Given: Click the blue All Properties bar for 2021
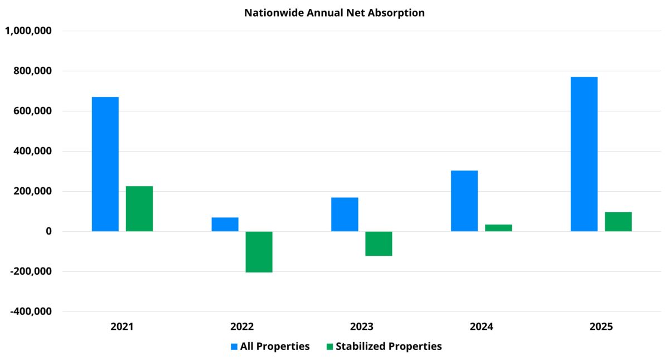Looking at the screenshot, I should [105, 164].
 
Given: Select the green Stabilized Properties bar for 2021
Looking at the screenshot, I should [139, 208].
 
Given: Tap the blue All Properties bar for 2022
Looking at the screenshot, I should [225, 224].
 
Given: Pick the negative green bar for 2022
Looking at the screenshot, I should [259, 251].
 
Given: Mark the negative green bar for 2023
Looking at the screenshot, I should [379, 244].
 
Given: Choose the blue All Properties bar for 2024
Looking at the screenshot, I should [464, 201].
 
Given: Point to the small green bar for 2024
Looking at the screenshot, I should [498, 228].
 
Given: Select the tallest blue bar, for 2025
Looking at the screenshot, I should [584, 154].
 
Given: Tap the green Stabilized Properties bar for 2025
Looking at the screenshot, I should [618, 221].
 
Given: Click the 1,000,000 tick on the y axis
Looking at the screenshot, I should [28, 31].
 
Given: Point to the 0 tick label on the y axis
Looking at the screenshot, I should [49, 231].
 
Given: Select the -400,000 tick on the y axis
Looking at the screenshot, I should [31, 312].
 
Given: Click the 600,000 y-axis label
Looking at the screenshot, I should [32, 111].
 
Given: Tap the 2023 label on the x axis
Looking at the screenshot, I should [361, 327].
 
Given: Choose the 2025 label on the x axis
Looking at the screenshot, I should [601, 327].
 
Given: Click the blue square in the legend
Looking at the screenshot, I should [234, 347].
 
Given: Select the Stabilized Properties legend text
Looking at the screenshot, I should [389, 347].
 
